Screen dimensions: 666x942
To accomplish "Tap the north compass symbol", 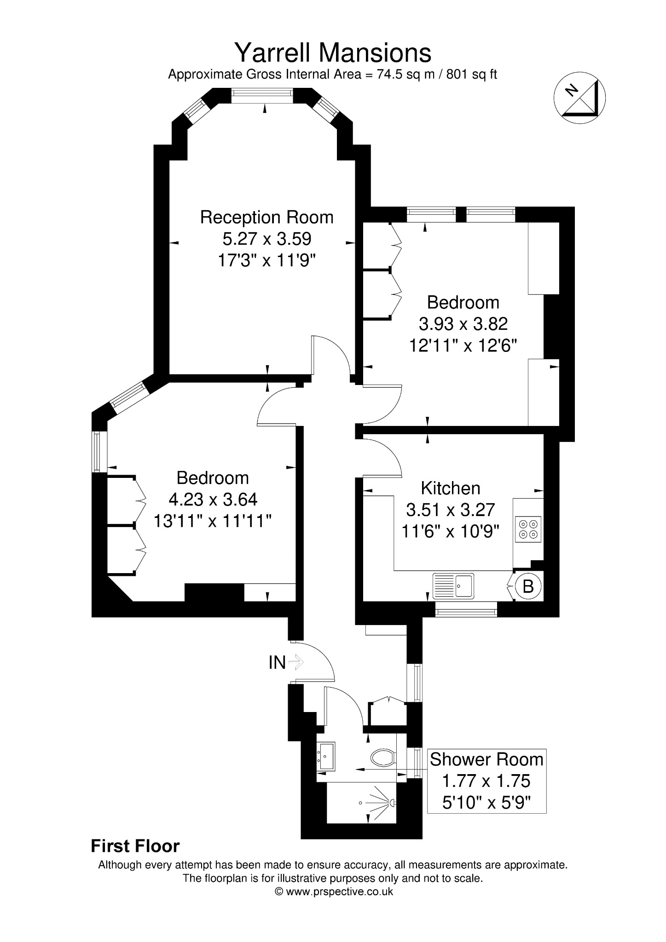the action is [x=579, y=98].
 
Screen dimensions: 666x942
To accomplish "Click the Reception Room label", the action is [x=266, y=217].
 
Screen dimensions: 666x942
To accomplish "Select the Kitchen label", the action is [x=451, y=488].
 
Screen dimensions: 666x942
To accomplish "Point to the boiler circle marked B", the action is [x=528, y=586].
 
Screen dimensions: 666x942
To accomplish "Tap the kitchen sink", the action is [x=453, y=586].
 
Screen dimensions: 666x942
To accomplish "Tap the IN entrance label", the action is [x=277, y=662].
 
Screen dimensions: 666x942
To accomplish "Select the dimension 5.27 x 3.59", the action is [x=267, y=239].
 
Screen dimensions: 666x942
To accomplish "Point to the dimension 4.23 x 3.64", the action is [x=213, y=500].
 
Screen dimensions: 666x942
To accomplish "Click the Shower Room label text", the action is [x=486, y=759].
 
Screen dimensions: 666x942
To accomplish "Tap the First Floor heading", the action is [x=135, y=846].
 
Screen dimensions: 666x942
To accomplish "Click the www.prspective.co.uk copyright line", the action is [x=334, y=891].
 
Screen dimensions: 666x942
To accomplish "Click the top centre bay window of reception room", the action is [x=262, y=93].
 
